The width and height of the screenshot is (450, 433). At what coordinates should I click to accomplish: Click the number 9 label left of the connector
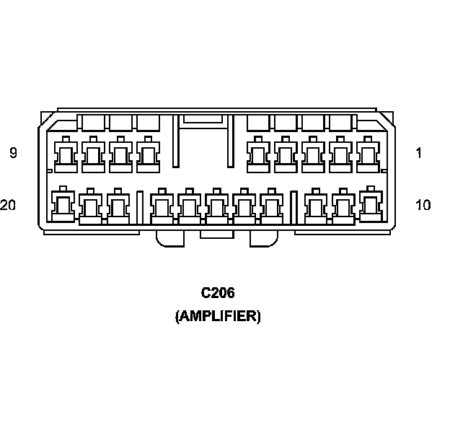pyautogui.click(x=13, y=153)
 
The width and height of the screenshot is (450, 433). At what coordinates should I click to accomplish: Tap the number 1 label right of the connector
pyautogui.click(x=419, y=153)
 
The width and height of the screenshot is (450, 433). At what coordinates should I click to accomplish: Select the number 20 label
pyautogui.click(x=9, y=205)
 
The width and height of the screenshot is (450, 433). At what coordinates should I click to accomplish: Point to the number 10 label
pyautogui.click(x=423, y=205)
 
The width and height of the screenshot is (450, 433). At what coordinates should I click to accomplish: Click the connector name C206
pyautogui.click(x=218, y=293)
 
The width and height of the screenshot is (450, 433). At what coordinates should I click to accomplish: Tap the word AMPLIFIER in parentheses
pyautogui.click(x=218, y=316)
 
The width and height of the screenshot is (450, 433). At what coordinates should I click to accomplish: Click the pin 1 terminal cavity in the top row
pyautogui.click(x=368, y=154)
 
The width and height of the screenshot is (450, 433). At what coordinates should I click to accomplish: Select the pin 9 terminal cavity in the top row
pyautogui.click(x=66, y=154)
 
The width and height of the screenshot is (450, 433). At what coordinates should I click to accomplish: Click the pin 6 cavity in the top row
pyautogui.click(x=148, y=154)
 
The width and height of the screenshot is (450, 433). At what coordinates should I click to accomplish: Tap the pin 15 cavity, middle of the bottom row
pyautogui.click(x=216, y=207)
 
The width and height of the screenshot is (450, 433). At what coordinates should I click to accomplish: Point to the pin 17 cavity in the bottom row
pyautogui.click(x=161, y=207)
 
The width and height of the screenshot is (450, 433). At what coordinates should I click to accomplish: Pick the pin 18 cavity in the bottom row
pyautogui.click(x=118, y=207)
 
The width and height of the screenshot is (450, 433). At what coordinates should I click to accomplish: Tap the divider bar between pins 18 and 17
pyautogui.click(x=139, y=207)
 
